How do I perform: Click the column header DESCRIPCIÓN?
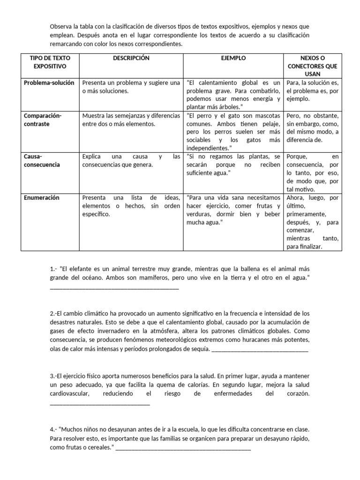tap(131, 58)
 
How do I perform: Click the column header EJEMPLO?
tap(233, 58)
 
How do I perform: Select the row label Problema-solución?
tap(49, 83)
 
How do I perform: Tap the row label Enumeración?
tap(42, 198)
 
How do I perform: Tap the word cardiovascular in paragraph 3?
tap(69, 394)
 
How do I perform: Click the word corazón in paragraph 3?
tap(298, 394)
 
